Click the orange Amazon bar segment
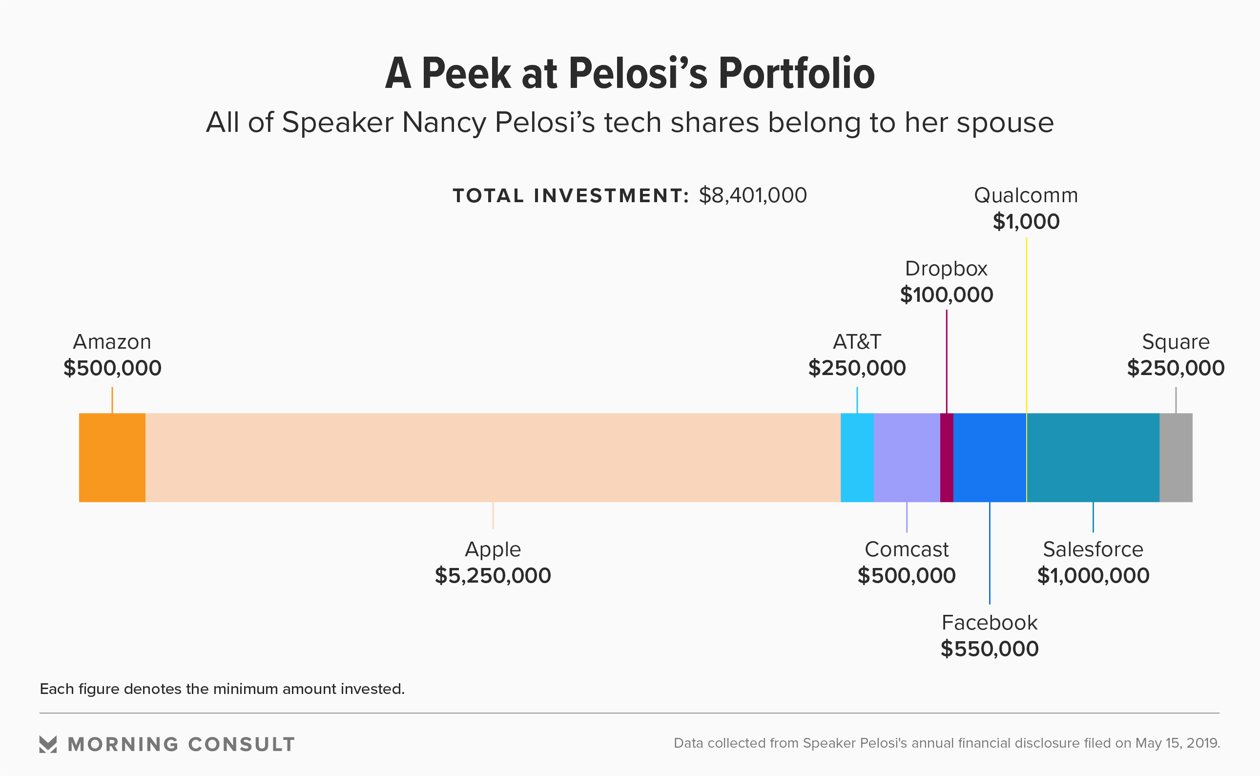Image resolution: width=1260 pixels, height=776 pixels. tap(112, 457)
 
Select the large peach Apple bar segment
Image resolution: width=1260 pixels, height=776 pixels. tap(493, 457)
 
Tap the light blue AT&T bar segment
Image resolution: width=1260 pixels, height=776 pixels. tap(857, 457)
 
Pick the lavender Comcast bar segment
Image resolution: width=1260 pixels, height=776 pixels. tap(907, 457)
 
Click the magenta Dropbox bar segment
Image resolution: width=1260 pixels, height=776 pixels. tap(947, 457)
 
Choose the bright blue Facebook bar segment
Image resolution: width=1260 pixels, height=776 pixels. tap(989, 457)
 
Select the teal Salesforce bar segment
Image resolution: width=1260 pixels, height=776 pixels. tap(1093, 457)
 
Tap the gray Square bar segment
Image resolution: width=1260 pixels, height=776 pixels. tap(1176, 457)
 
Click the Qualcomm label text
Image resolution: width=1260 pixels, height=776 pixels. tap(1026, 195)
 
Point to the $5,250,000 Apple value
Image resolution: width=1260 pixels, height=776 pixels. tap(493, 575)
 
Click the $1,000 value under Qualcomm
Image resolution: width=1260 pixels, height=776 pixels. tap(1026, 222)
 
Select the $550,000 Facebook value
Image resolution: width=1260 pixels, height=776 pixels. tap(990, 649)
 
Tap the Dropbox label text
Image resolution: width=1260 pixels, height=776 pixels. tap(946, 269)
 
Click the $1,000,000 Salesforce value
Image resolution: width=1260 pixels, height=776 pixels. tap(1093, 575)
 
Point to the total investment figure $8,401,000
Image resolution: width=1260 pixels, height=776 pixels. tap(753, 195)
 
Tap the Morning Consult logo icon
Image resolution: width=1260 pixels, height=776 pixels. tap(48, 744)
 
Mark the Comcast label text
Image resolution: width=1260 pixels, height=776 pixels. tap(907, 549)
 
